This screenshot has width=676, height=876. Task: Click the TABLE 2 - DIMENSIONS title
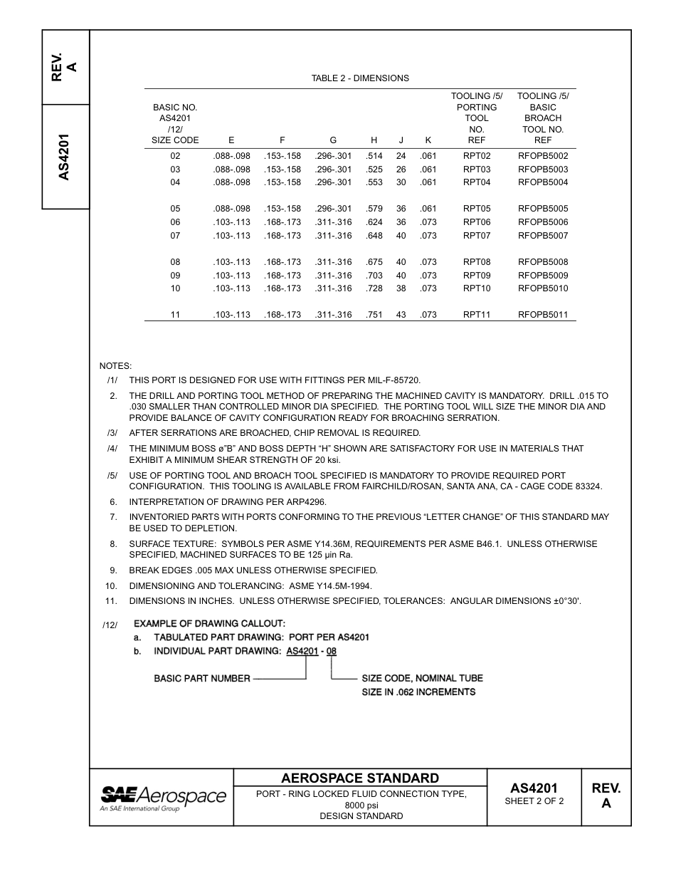pyautogui.click(x=360, y=78)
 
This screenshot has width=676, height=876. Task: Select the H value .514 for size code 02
pyautogui.click(x=374, y=156)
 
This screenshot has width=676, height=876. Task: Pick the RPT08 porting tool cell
pyautogui.click(x=477, y=262)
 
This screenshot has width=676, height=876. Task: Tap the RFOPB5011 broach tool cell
pyautogui.click(x=543, y=315)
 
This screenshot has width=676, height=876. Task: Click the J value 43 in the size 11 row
pyautogui.click(x=401, y=315)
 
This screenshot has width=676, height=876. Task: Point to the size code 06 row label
pyautogui.click(x=175, y=222)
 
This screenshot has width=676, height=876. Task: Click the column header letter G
pyautogui.click(x=333, y=141)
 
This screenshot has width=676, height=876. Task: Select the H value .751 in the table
pyautogui.click(x=374, y=315)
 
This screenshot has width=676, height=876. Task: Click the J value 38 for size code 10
pyautogui.click(x=401, y=288)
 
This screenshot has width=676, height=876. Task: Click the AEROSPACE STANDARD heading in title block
pyautogui.click(x=360, y=778)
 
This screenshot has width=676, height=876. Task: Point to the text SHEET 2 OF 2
pyautogui.click(x=534, y=801)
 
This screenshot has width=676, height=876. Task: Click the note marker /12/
pyautogui.click(x=110, y=625)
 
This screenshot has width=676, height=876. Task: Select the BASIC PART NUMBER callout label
pyautogui.click(x=202, y=679)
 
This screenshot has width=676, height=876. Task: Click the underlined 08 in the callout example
pyautogui.click(x=332, y=651)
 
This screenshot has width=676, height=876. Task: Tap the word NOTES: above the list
pyautogui.click(x=115, y=366)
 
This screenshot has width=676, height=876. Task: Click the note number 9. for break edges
pyautogui.click(x=112, y=570)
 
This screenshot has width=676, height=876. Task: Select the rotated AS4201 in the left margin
pyautogui.click(x=65, y=157)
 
